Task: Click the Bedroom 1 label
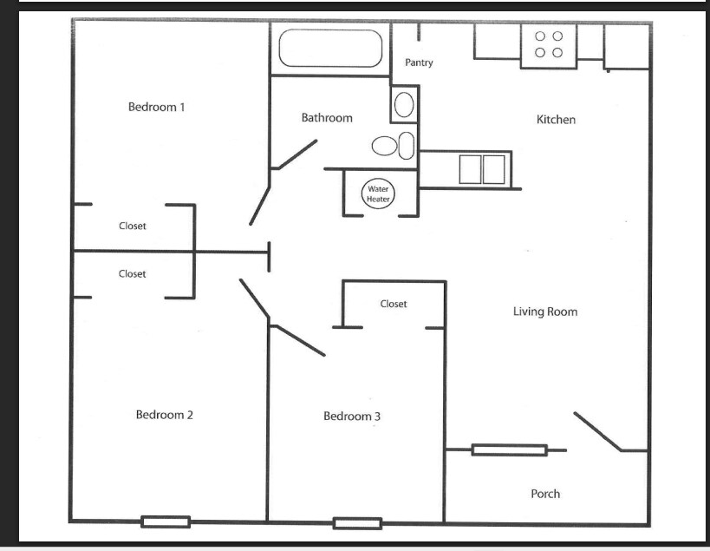tap(156, 107)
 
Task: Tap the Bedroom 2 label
tap(165, 415)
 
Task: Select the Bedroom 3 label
tap(352, 416)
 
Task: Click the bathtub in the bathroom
tap(330, 48)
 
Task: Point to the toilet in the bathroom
tap(393, 146)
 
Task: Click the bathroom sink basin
tap(404, 105)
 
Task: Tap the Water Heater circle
tap(378, 194)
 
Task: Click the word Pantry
tap(419, 62)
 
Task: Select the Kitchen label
tap(556, 120)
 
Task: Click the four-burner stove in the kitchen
tap(549, 46)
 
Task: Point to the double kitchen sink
tap(482, 169)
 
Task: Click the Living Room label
tap(545, 312)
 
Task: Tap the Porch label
tap(545, 494)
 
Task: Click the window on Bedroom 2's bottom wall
tap(166, 522)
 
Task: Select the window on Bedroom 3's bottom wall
tap(358, 523)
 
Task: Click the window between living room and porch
tap(510, 450)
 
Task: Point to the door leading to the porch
tap(597, 432)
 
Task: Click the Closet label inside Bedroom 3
tap(394, 304)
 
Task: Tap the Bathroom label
tap(327, 118)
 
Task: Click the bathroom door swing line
tap(297, 154)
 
